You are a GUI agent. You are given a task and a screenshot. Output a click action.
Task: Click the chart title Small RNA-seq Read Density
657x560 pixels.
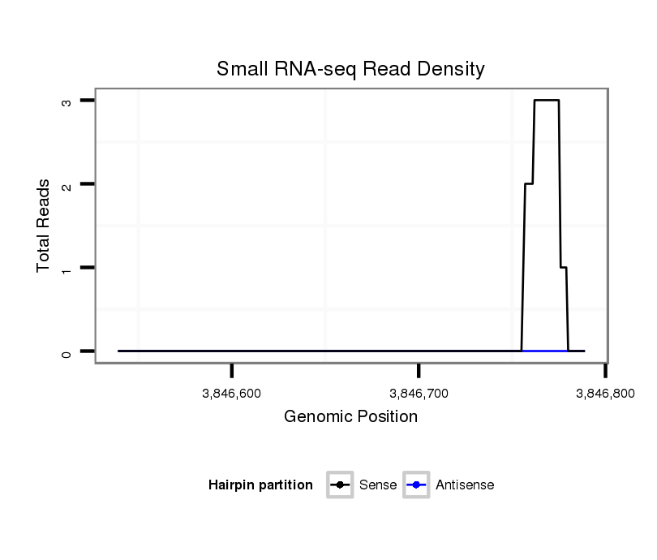click(x=350, y=69)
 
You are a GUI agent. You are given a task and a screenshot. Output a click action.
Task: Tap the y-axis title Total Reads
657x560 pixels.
click(x=44, y=226)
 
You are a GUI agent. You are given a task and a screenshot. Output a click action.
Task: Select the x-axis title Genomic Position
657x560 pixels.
click(x=350, y=417)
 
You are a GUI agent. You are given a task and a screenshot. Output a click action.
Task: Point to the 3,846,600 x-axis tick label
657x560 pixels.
click(x=231, y=394)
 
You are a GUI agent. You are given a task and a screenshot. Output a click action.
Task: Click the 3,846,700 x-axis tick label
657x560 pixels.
click(x=419, y=394)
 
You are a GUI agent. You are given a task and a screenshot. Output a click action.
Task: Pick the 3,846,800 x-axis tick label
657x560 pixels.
click(x=604, y=394)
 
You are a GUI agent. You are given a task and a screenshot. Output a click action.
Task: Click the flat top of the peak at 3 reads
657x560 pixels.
click(x=547, y=100)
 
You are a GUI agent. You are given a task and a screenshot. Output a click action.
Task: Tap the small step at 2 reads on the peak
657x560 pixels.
click(x=529, y=184)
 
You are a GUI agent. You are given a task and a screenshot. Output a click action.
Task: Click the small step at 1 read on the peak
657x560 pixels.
click(x=564, y=267)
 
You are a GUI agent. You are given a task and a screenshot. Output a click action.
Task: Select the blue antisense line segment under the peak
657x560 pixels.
click(x=545, y=351)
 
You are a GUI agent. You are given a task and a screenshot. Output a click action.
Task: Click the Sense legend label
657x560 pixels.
click(x=377, y=485)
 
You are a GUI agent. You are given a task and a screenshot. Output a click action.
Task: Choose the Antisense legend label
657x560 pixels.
click(x=465, y=485)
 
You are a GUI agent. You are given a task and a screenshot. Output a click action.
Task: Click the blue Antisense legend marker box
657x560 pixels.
click(x=417, y=485)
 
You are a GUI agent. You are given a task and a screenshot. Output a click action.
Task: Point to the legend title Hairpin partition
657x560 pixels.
click(x=260, y=485)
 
